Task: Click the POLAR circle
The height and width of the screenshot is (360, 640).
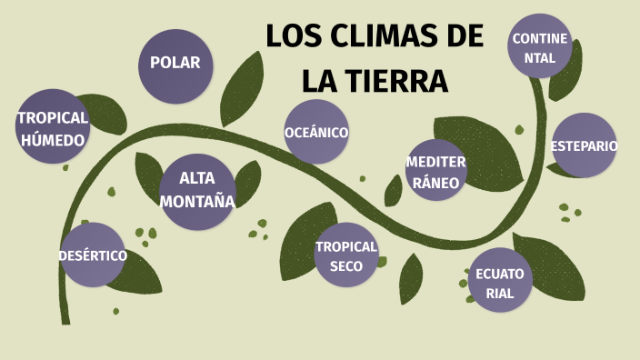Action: pos(175,64)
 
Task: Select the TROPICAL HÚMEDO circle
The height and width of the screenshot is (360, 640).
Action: pos(54,126)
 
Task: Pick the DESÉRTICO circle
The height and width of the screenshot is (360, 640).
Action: pos(93,255)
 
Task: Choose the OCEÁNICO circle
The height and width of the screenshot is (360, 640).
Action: pos(316,132)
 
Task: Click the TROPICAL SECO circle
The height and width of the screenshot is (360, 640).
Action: pos(346,255)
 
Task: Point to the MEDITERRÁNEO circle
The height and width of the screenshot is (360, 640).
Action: pos(436,170)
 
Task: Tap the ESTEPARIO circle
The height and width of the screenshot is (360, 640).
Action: pos(584,145)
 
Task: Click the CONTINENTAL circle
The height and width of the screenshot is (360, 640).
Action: pos(539,47)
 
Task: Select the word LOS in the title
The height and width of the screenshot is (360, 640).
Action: pos(292,38)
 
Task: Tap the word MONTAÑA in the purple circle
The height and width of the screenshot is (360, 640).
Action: pos(197,201)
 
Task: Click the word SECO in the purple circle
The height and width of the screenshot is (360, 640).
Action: pos(346,266)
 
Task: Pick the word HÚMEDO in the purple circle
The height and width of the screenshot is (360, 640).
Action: pos(54,139)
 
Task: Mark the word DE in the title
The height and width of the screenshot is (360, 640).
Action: pos(465,38)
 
